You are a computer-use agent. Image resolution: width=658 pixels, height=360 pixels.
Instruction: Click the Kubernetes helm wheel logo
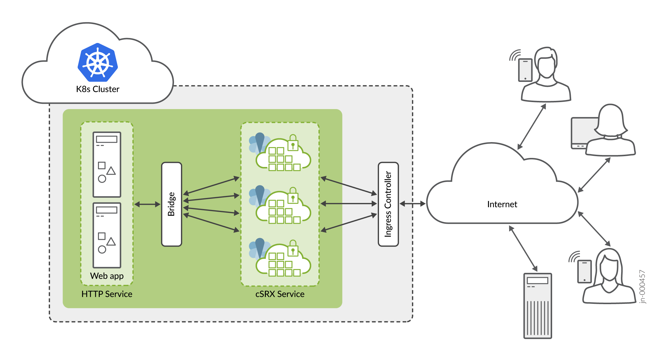point(98,63)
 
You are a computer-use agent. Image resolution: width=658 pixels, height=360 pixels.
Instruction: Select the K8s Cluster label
point(98,89)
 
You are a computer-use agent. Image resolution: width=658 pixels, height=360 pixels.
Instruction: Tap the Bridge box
point(172,204)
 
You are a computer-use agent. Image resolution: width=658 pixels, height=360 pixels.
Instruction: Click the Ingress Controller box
point(388,204)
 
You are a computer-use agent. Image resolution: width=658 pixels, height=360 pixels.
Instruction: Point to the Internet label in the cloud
point(502,204)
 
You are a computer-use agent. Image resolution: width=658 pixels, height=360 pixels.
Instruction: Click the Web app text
point(107,276)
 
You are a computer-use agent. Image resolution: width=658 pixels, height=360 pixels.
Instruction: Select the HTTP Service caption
point(107,294)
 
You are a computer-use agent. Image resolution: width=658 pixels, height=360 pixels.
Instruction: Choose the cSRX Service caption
point(280,294)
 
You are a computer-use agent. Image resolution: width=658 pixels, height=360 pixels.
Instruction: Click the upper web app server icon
point(107,164)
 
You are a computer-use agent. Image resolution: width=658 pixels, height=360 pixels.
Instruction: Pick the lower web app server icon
point(107,235)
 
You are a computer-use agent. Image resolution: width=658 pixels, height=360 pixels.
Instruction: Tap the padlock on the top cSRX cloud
point(293,143)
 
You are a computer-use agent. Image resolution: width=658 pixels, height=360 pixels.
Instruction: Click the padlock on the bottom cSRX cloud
point(293,249)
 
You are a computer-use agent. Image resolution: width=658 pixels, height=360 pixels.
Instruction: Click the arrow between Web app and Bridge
point(147,204)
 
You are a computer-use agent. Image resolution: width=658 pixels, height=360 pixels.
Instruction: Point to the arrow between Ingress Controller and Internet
point(412,204)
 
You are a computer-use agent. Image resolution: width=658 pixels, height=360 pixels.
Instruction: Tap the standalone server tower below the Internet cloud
point(538,306)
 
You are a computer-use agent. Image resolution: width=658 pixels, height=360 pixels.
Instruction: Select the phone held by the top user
point(525,70)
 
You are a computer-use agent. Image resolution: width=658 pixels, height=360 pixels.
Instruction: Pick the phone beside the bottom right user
point(584,271)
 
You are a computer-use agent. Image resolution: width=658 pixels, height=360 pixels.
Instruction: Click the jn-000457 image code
point(642,287)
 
